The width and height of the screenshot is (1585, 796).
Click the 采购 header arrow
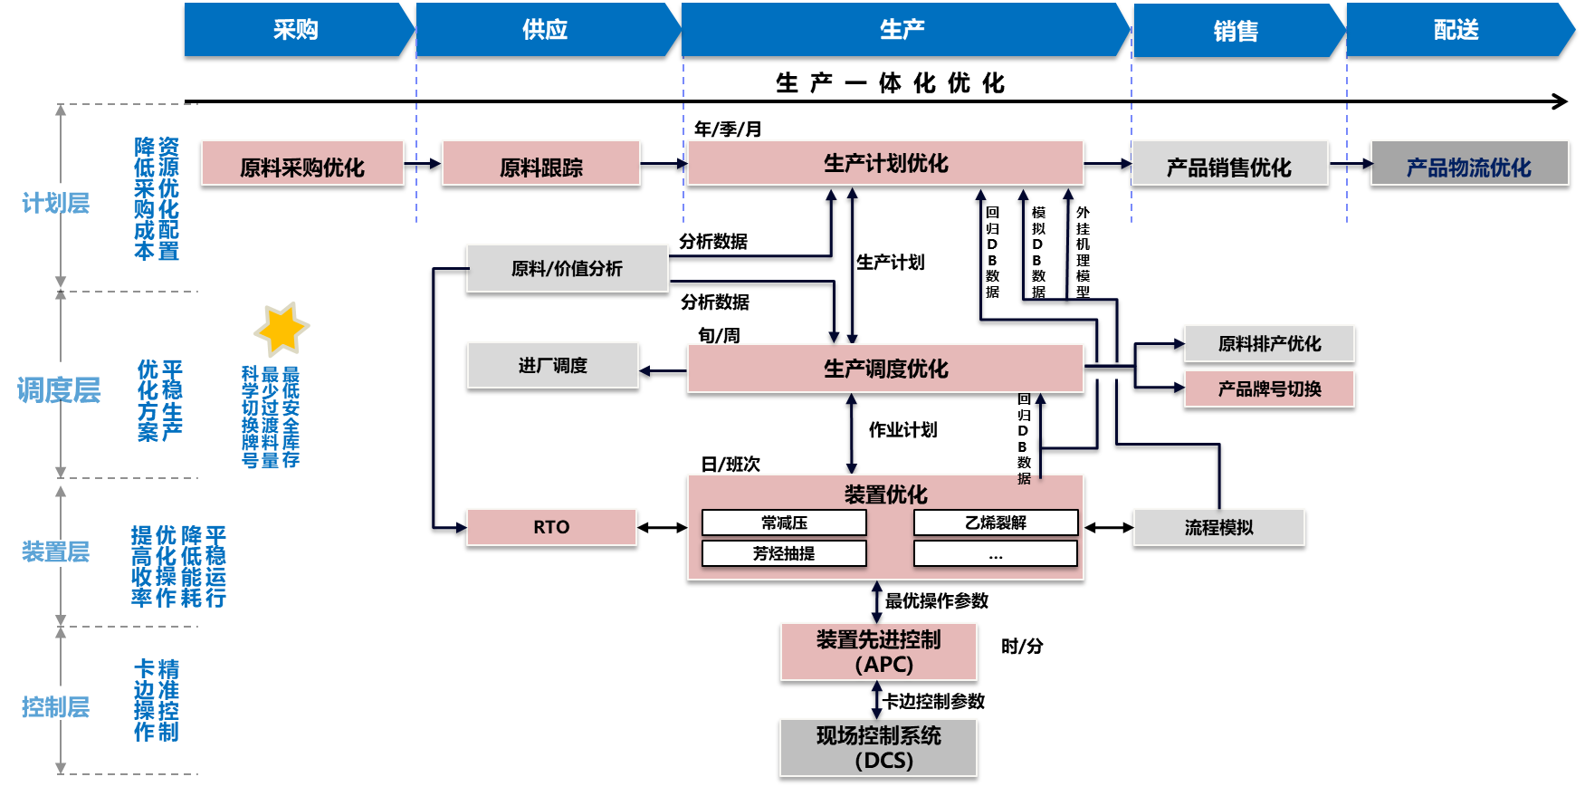pyautogui.click(x=297, y=30)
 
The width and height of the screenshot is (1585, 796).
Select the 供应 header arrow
pyautogui.click(x=546, y=30)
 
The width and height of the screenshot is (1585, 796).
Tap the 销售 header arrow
pyautogui.click(x=1236, y=31)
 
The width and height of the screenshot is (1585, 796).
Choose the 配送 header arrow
pyautogui.click(x=1457, y=30)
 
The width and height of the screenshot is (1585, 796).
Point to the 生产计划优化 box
pyautogui.click(x=885, y=163)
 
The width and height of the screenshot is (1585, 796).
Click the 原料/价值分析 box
pyautogui.click(x=568, y=268)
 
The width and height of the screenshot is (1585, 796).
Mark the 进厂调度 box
pyautogui.click(x=553, y=365)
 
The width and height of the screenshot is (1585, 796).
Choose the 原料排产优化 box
pyautogui.click(x=1269, y=343)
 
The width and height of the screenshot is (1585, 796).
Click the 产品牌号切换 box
pyautogui.click(x=1269, y=388)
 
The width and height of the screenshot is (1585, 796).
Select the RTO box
pyautogui.click(x=551, y=527)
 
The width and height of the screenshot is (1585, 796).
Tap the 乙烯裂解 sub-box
pyautogui.click(x=996, y=523)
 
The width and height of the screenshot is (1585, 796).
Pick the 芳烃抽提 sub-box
pyautogui.click(x=784, y=553)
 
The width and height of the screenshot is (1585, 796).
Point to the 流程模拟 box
pyautogui.click(x=1218, y=527)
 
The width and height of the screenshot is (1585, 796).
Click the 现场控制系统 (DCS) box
pyautogui.click(x=878, y=747)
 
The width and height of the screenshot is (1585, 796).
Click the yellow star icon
pyautogui.click(x=282, y=329)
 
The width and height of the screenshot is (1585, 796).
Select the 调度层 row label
pyautogui.click(x=59, y=390)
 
